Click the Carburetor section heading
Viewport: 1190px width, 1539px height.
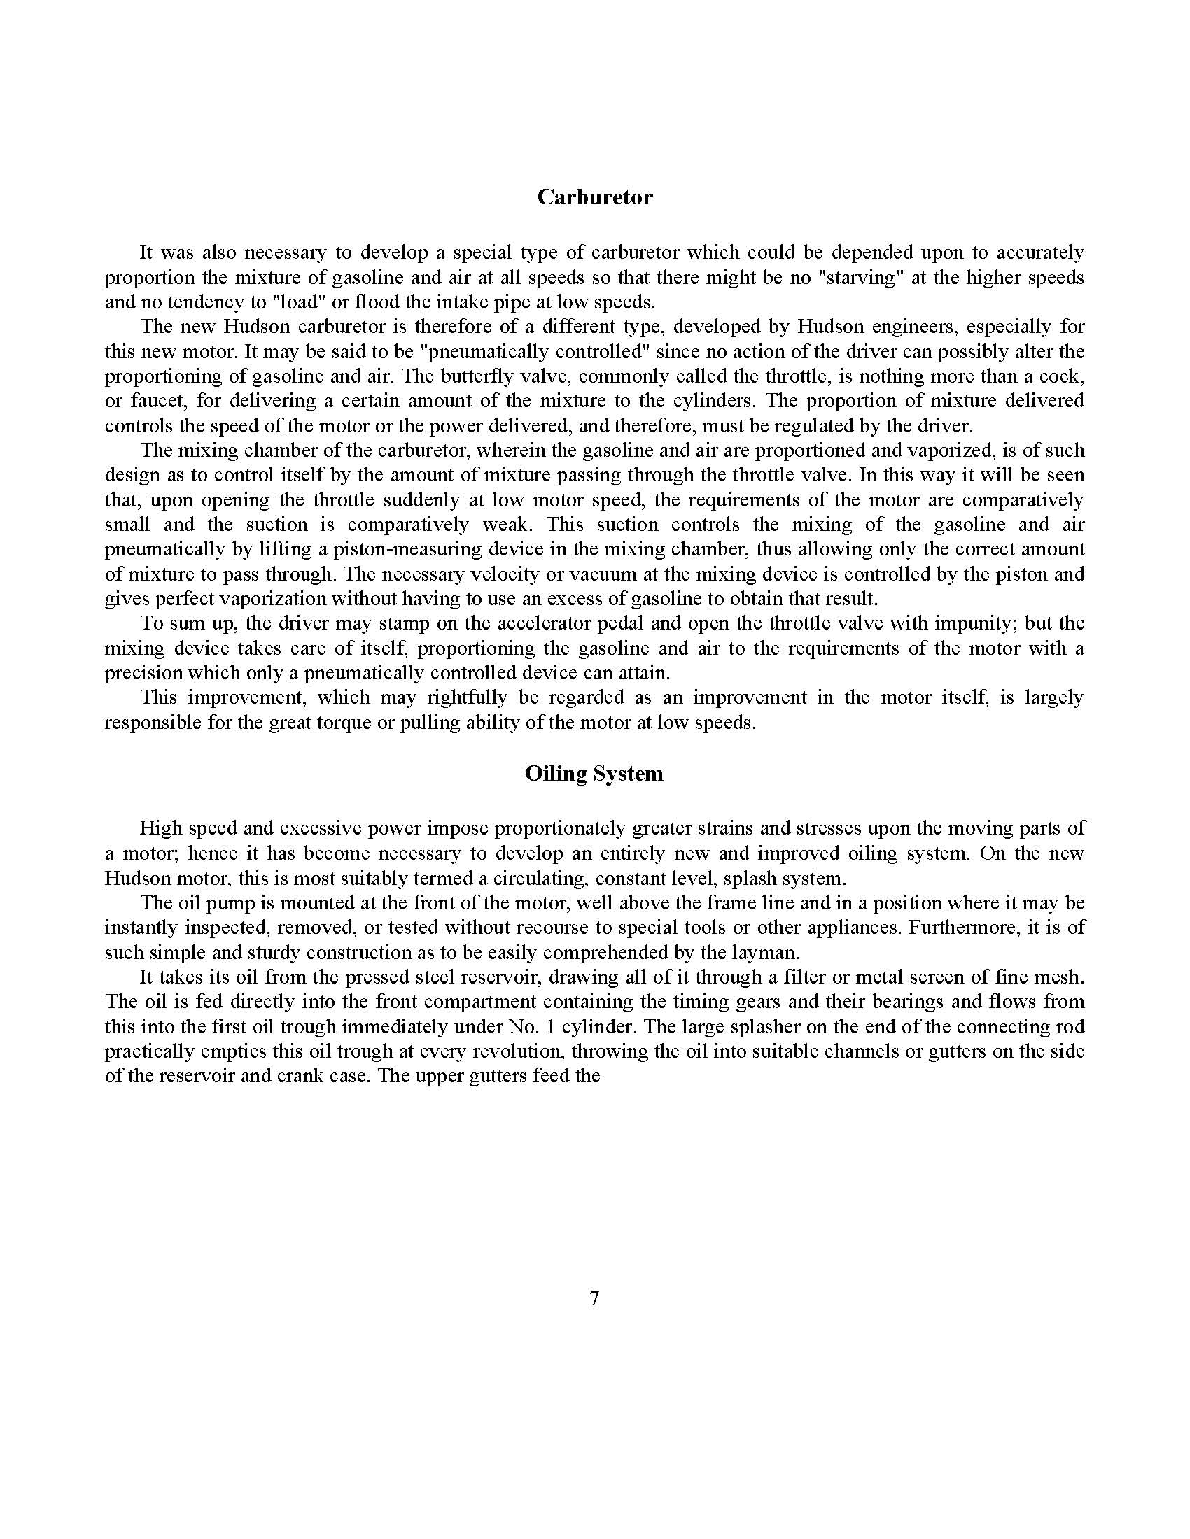pyautogui.click(x=594, y=197)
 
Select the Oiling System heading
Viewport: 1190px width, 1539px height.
pyautogui.click(x=594, y=774)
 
